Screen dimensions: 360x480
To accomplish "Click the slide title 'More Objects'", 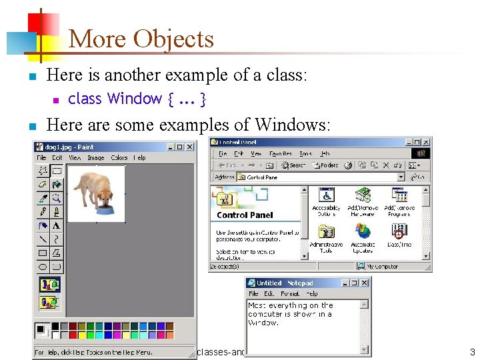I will (141, 39).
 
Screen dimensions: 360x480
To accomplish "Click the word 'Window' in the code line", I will (134, 99).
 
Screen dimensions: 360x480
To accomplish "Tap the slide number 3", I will (471, 351).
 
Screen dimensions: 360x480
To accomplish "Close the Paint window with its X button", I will (190, 147).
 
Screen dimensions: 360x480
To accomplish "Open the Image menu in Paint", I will (96, 158).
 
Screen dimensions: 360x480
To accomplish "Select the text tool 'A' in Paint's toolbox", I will (57, 225).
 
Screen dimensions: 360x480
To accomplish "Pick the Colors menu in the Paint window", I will (119, 158).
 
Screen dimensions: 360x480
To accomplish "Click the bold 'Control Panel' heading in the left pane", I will (245, 215).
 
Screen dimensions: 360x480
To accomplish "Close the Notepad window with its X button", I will (365, 283).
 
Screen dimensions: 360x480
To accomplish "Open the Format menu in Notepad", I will (290, 293).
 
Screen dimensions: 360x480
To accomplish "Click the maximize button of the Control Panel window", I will (417, 142).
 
